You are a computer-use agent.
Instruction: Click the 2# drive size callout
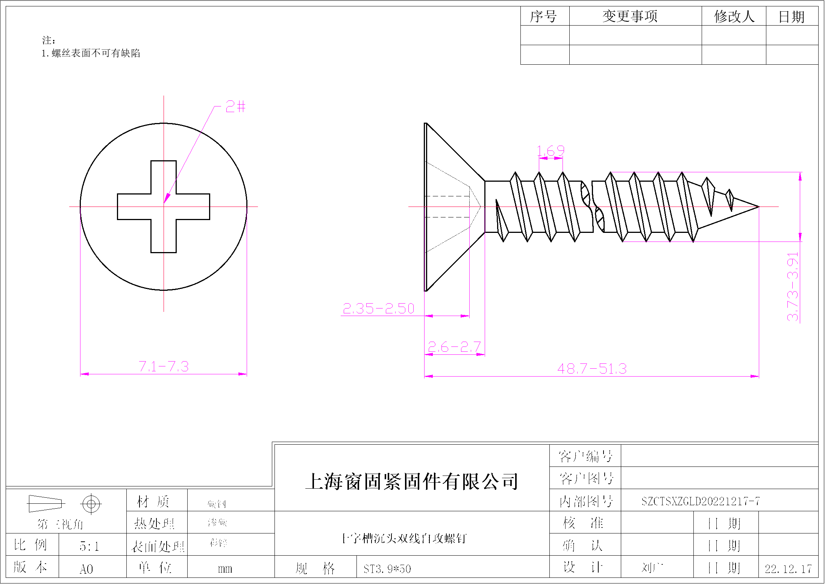235,107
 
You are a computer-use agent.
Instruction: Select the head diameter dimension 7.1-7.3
164,366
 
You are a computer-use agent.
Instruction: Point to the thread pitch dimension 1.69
551,151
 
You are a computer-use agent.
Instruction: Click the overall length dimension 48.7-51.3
592,369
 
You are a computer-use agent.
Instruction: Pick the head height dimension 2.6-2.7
454,347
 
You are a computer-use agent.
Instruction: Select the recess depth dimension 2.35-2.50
378,308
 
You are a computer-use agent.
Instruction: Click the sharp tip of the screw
758,207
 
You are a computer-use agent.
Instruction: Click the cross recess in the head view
164,207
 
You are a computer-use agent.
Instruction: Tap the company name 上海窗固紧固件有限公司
412,482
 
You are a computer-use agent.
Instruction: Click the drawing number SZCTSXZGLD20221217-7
701,501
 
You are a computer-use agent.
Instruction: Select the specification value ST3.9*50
387,569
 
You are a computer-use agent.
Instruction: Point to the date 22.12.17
788,569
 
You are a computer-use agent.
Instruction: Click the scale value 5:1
89,546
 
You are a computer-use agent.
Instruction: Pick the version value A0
86,569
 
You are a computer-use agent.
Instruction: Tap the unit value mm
225,569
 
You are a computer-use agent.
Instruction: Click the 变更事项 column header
630,16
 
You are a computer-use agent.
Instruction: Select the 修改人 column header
734,16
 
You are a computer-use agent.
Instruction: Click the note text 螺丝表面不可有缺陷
96,53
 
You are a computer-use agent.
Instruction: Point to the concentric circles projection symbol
91,503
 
